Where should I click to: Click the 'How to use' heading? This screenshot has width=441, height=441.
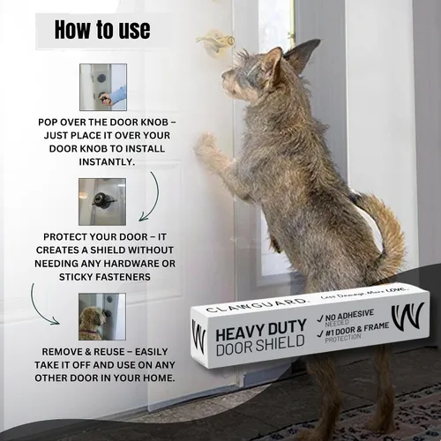coord(102,29)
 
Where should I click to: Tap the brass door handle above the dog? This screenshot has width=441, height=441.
coord(215,41)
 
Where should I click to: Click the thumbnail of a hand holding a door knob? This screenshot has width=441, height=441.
coord(103,87)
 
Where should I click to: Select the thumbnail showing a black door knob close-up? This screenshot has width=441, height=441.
coord(102,202)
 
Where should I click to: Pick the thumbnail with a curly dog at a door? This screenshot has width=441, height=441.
coord(102,317)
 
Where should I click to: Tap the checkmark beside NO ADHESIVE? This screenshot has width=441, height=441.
coord(321,319)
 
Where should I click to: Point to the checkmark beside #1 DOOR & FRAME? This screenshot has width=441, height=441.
coord(321,333)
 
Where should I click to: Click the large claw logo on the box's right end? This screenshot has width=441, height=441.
coord(408,317)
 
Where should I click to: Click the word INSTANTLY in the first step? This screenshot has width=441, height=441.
coord(107,161)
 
